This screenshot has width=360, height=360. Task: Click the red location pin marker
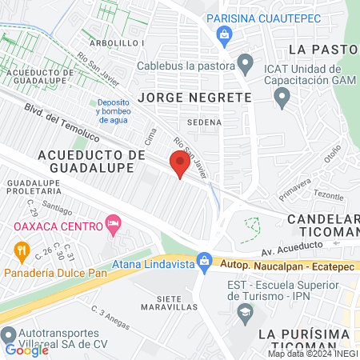(x=179, y=164)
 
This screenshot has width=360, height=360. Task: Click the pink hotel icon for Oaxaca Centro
(x=112, y=225)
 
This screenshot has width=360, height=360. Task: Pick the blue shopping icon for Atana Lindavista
(x=205, y=260)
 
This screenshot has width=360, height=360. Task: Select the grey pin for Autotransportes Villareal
(x=9, y=334)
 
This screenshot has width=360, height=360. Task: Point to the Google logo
(x=27, y=350)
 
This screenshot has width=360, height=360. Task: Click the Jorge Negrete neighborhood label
(x=194, y=97)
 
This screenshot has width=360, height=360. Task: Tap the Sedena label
(x=198, y=122)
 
